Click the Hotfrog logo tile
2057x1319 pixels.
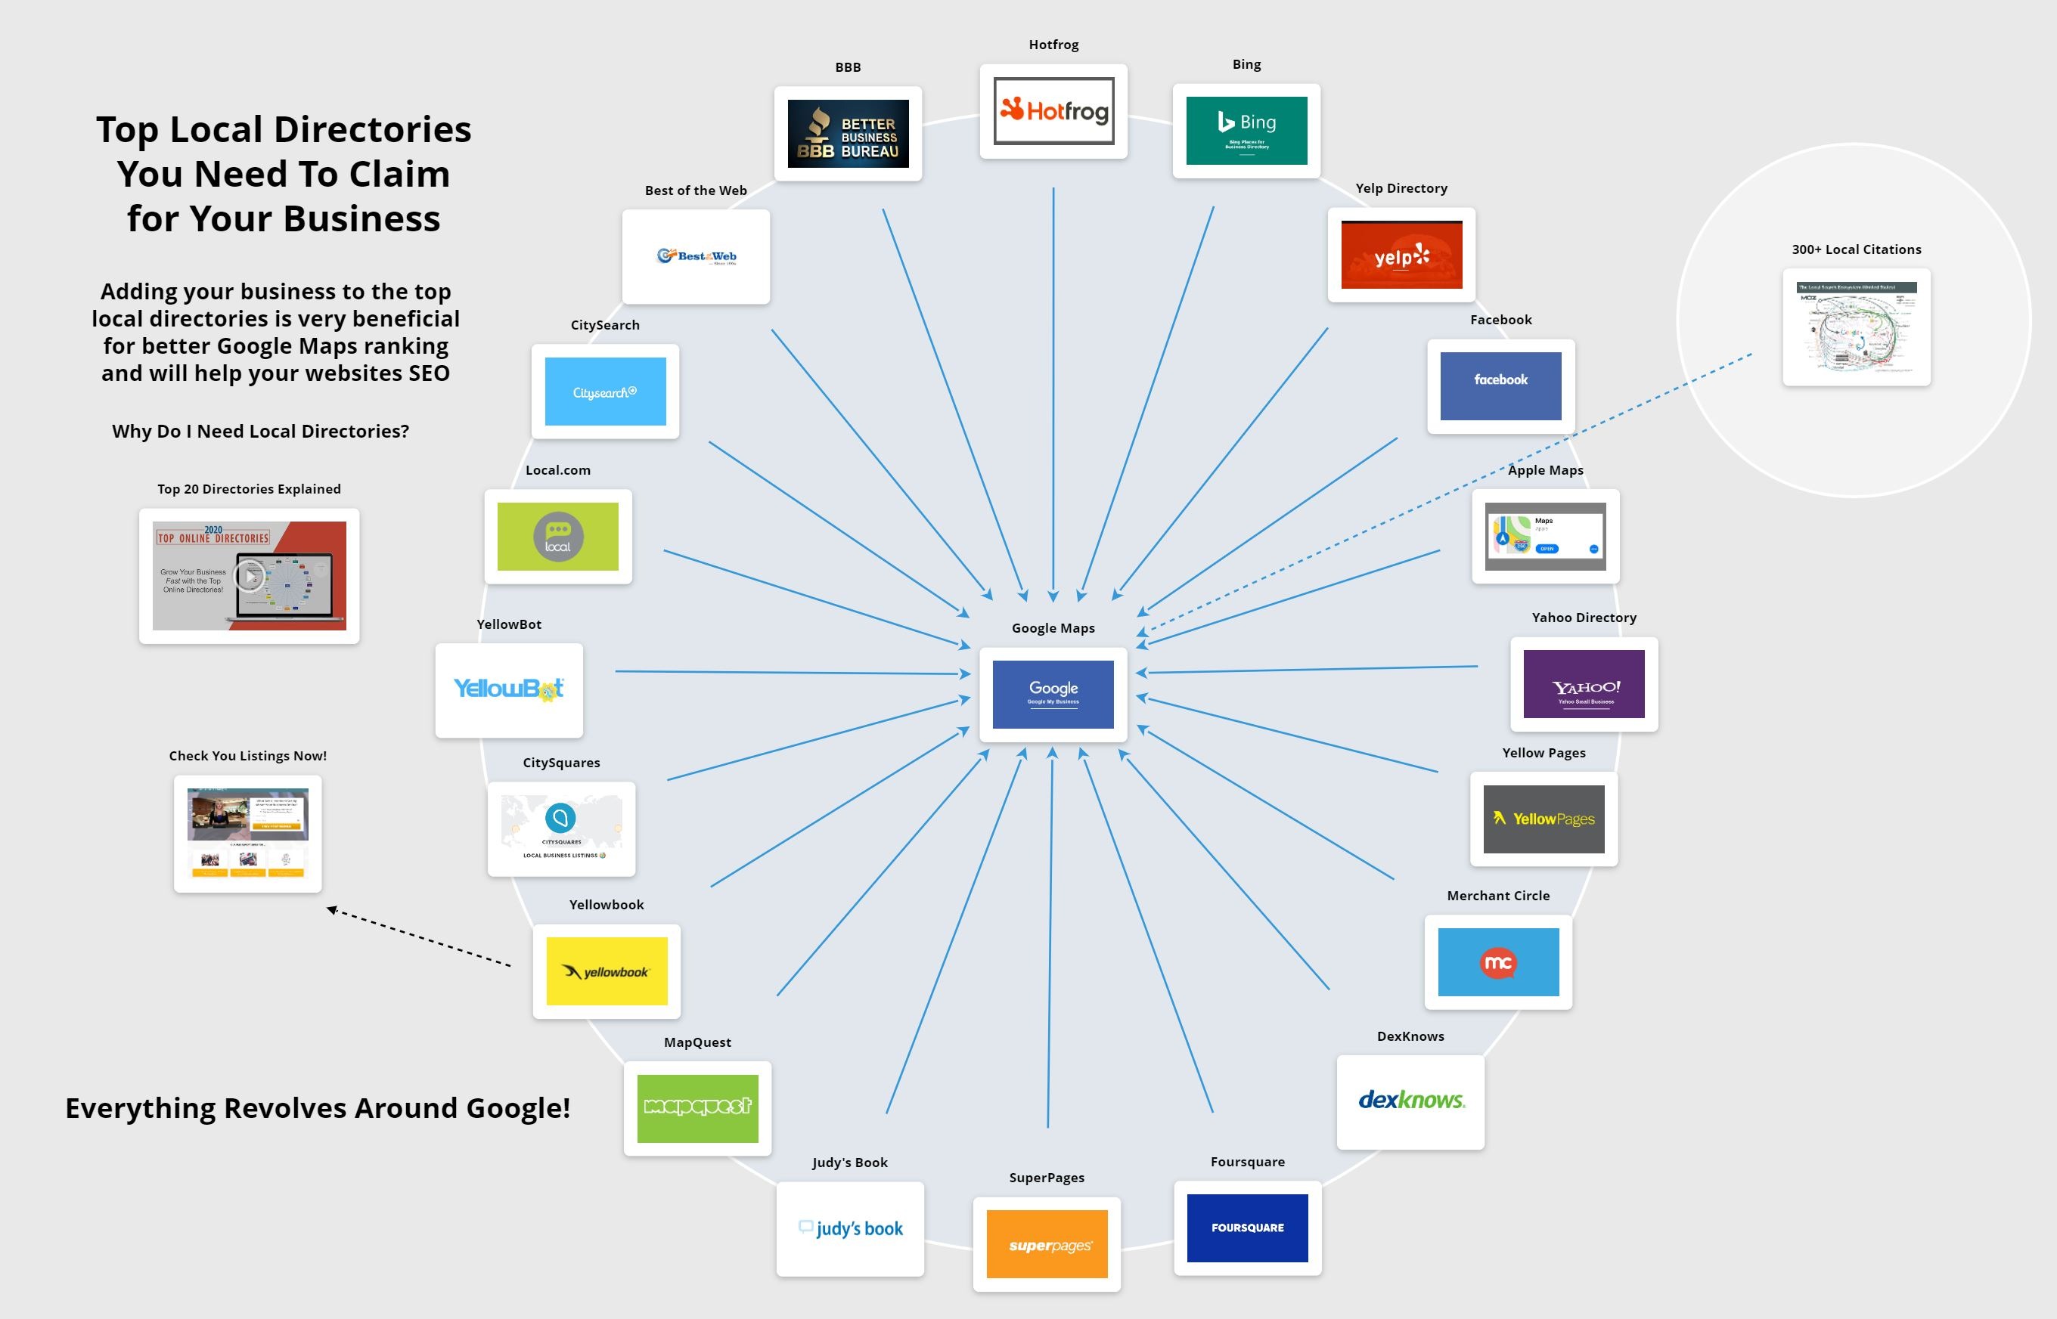1053,111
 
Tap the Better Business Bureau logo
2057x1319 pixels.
847,134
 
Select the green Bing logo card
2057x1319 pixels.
1246,130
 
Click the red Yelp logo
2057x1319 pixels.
1401,255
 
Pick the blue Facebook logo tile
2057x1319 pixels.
1500,385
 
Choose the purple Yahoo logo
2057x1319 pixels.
1584,684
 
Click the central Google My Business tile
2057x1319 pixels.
1053,694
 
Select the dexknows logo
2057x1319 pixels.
1410,1101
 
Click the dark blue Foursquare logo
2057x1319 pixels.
1246,1228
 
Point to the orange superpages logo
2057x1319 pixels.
1046,1244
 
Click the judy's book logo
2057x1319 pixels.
850,1228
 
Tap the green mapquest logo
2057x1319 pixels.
697,1107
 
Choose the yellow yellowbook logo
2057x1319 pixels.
607,971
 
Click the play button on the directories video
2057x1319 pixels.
250,575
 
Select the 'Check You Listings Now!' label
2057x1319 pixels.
247,755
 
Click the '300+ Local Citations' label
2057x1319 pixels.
1856,249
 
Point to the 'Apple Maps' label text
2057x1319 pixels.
1545,470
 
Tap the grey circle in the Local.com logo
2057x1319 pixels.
557,537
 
